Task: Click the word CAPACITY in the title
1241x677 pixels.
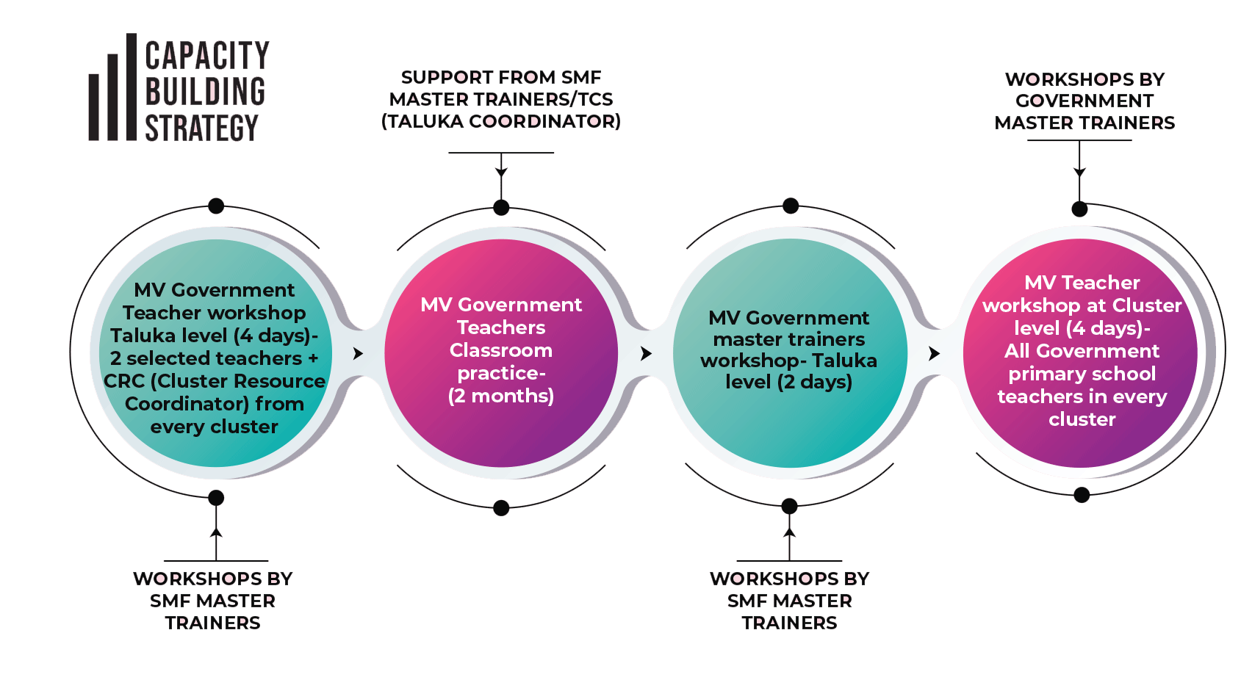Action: pyautogui.click(x=207, y=56)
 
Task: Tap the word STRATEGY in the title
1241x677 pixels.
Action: pyautogui.click(x=201, y=128)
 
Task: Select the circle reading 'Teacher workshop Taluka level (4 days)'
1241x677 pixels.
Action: pyautogui.click(x=215, y=353)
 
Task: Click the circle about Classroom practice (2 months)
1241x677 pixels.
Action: pyautogui.click(x=501, y=353)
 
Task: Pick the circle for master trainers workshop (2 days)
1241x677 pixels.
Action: pyautogui.click(x=789, y=353)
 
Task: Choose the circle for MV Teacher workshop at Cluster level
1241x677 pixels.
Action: pyautogui.click(x=1081, y=353)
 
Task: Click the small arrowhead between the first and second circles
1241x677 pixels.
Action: pyautogui.click(x=358, y=353)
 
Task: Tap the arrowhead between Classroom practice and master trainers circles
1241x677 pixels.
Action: pyautogui.click(x=646, y=353)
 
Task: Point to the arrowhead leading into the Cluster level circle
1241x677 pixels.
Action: pyautogui.click(x=934, y=353)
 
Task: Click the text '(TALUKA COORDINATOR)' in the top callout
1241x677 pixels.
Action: pyautogui.click(x=501, y=121)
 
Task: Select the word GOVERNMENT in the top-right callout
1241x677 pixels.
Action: pyautogui.click(x=1084, y=101)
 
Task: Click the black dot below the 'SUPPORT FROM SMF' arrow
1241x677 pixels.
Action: pyautogui.click(x=501, y=208)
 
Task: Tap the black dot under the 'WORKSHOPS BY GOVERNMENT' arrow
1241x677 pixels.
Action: pyautogui.click(x=1079, y=209)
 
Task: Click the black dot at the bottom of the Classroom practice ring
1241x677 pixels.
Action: pyautogui.click(x=501, y=507)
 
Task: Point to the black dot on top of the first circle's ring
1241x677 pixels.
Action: pyautogui.click(x=216, y=206)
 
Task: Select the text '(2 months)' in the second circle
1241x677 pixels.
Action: pyautogui.click(x=501, y=396)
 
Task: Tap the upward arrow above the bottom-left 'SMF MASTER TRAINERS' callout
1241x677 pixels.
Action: pyautogui.click(x=216, y=533)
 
